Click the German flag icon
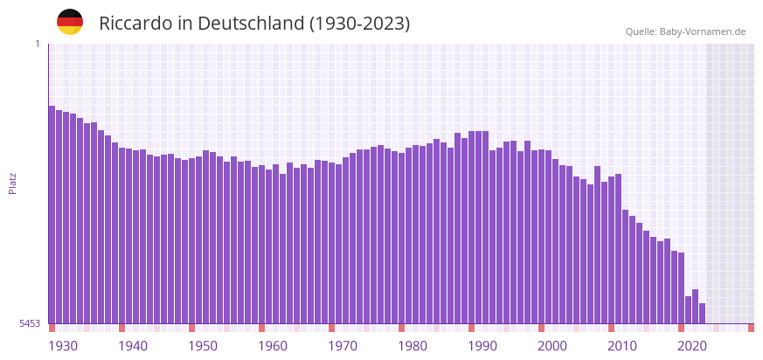(70, 22)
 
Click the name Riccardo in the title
(135, 24)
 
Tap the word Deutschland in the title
(251, 24)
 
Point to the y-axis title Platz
(13, 183)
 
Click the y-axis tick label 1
(37, 44)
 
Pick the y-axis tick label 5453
(30, 323)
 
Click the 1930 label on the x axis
(63, 346)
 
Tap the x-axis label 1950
(203, 346)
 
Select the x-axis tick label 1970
(343, 346)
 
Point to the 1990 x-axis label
(482, 346)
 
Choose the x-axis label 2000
(552, 346)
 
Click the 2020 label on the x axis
(692, 346)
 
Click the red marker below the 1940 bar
(122, 328)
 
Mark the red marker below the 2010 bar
(612, 328)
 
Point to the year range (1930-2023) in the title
(359, 24)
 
